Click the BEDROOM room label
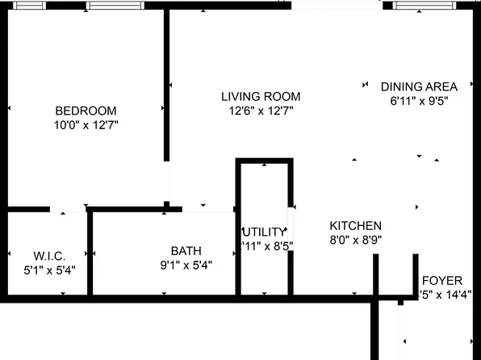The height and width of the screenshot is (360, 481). point(86,111)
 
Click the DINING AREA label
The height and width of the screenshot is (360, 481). point(419,86)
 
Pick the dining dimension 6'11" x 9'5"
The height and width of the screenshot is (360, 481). point(419,101)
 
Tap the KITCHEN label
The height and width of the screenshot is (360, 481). point(356,225)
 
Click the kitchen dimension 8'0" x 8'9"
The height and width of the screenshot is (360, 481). point(356,240)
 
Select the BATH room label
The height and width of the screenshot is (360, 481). point(186,250)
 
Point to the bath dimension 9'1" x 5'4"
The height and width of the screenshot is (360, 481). point(186,265)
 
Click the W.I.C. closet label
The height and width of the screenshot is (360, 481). point(49,255)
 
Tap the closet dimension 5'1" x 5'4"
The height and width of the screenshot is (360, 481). point(49,270)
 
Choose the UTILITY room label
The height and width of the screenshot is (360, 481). point(265,232)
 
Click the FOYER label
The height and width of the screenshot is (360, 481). point(442,280)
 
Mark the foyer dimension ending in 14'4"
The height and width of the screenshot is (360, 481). point(445,295)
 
